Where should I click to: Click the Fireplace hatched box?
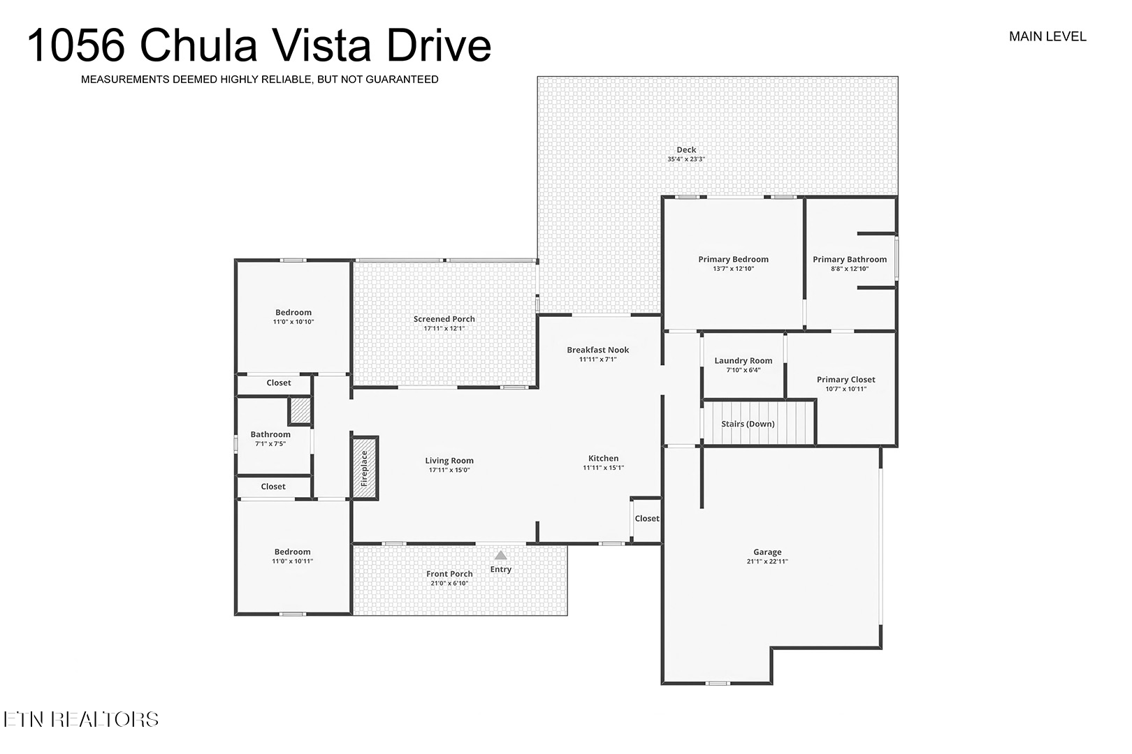pyautogui.click(x=364, y=468)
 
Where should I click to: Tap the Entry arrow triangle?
pyautogui.click(x=501, y=556)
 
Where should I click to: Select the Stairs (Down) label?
pyautogui.click(x=748, y=424)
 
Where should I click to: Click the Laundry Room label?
pyautogui.click(x=743, y=360)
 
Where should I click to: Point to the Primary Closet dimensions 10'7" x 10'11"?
pyautogui.click(x=846, y=389)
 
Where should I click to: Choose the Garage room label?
pyautogui.click(x=767, y=552)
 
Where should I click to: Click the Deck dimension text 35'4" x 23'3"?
pyautogui.click(x=686, y=159)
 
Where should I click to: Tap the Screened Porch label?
pyautogui.click(x=444, y=319)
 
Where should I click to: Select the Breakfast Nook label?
pyautogui.click(x=598, y=350)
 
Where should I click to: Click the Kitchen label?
pyautogui.click(x=604, y=458)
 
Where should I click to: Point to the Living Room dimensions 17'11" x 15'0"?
pyautogui.click(x=449, y=470)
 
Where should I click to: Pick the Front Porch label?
pyautogui.click(x=449, y=574)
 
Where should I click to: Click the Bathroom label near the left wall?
pyautogui.click(x=270, y=434)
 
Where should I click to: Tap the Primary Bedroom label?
pyautogui.click(x=733, y=259)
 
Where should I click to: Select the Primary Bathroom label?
pyautogui.click(x=850, y=259)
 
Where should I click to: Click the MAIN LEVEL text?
pyautogui.click(x=1047, y=37)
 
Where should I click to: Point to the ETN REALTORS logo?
pyautogui.click(x=81, y=719)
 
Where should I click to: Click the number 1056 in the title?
pyautogui.click(x=76, y=46)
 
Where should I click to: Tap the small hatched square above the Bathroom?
pyautogui.click(x=300, y=411)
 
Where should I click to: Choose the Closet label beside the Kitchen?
pyautogui.click(x=647, y=519)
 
